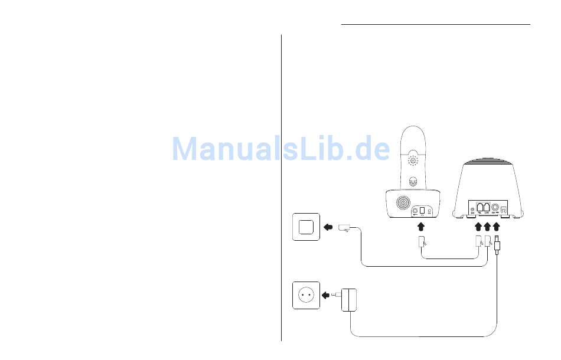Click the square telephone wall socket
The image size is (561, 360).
point(306,227)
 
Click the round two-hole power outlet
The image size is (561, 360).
point(306,295)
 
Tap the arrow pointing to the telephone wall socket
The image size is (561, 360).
point(328,227)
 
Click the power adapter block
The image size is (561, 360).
point(349,299)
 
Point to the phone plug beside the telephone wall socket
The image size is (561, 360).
point(345,228)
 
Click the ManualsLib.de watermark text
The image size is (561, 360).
point(280,149)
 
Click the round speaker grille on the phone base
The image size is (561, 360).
point(402,204)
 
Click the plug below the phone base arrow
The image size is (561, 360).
point(421,242)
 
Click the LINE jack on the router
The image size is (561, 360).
point(487,207)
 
